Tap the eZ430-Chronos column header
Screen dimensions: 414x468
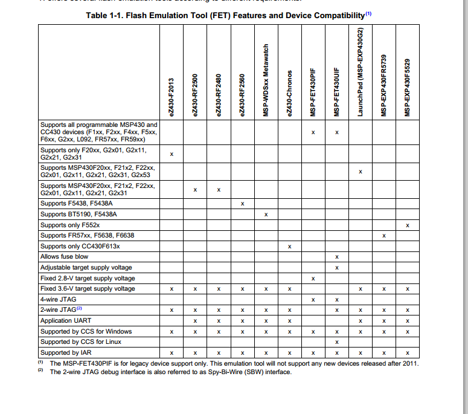coord(290,94)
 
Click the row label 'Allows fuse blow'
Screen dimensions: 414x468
coord(64,257)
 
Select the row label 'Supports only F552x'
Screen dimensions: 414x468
coord(70,225)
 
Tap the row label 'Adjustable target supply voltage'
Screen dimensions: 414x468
coord(86,268)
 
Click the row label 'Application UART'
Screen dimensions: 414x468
coord(66,321)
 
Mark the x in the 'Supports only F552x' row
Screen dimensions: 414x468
coord(408,225)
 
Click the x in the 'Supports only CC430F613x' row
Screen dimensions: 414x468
coord(290,247)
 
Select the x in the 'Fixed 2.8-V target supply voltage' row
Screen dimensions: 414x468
coord(313,279)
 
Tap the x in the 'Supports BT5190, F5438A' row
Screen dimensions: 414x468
coord(266,215)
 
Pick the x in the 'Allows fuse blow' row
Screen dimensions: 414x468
coord(337,257)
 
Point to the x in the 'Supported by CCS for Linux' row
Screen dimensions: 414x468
coord(337,342)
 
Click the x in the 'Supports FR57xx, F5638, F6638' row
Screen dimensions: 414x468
coord(384,236)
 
